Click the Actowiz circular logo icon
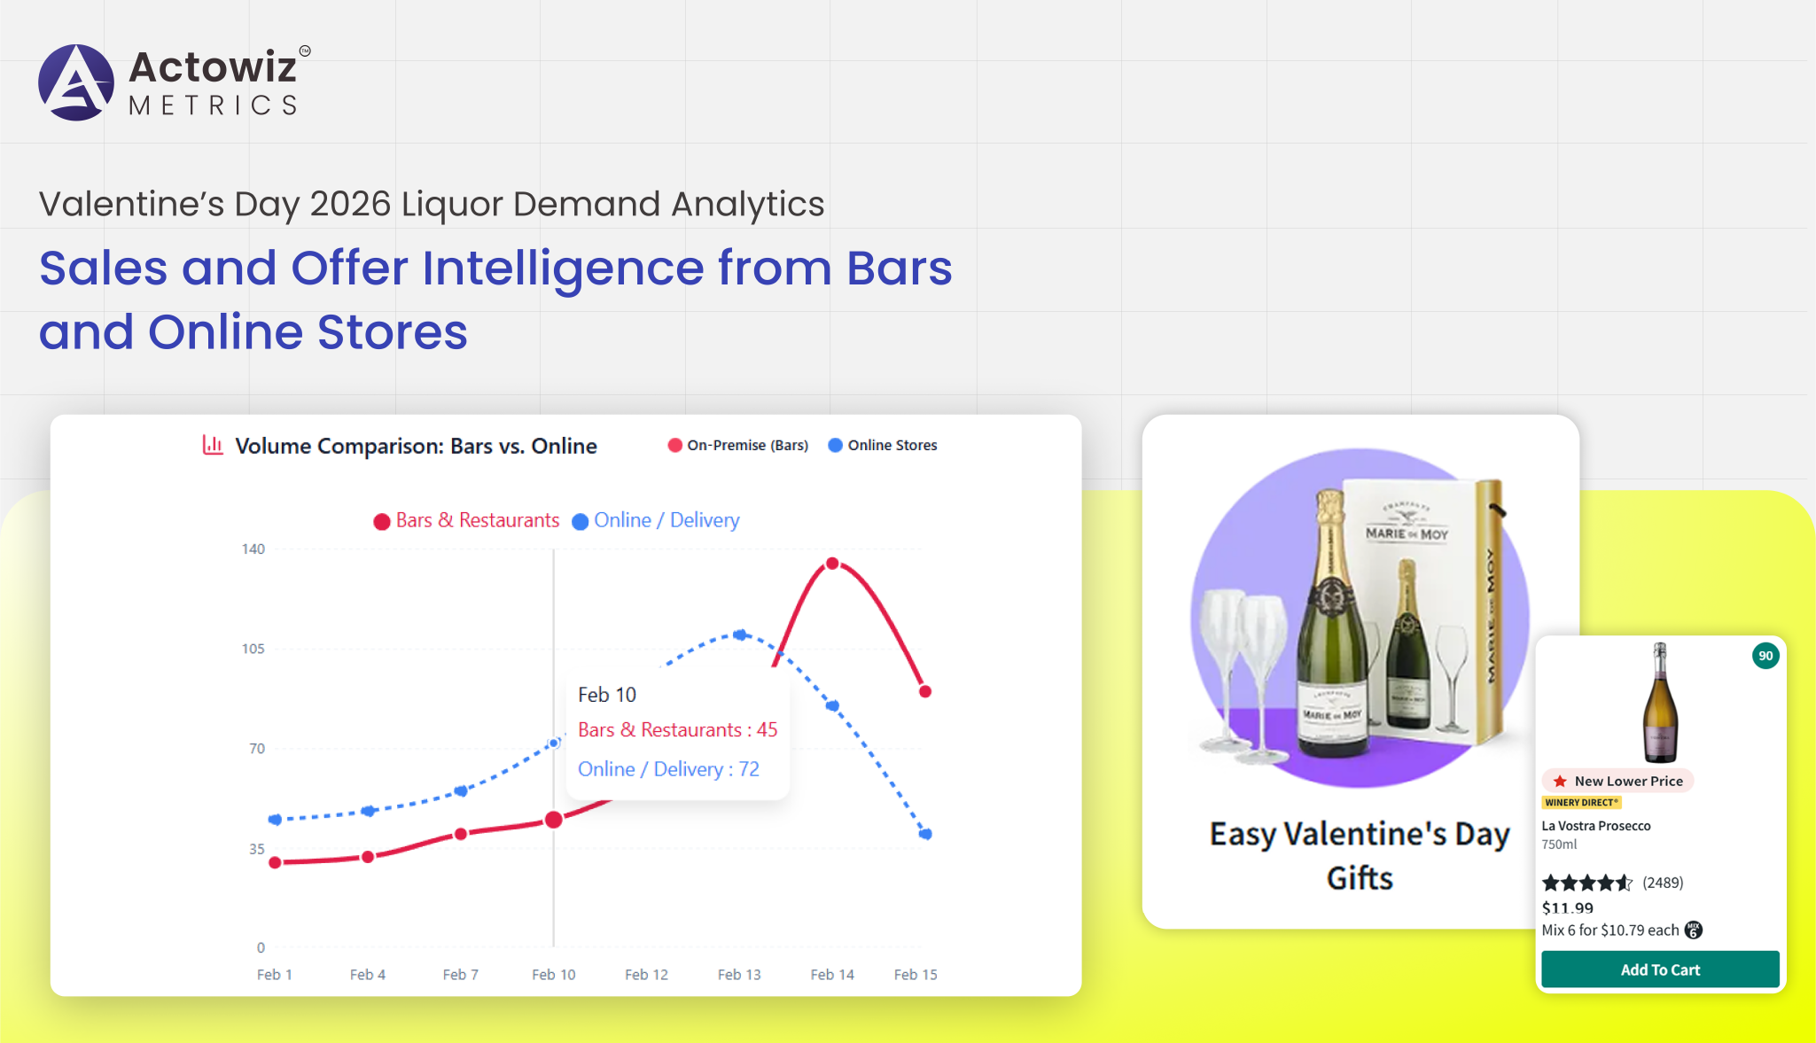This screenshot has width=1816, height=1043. point(76,82)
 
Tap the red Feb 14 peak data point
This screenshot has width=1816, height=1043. point(832,564)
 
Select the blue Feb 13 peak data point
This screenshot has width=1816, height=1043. point(741,634)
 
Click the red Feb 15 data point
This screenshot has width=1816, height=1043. point(925,691)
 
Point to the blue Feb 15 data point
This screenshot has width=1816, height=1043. point(925,834)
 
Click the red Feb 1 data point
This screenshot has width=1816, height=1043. point(275,862)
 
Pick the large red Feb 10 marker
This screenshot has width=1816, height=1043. point(554,820)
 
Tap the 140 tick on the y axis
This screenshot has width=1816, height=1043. point(253,549)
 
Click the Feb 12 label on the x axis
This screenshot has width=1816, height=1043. point(646,975)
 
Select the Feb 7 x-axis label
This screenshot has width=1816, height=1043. point(461,975)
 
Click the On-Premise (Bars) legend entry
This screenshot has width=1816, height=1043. point(738,445)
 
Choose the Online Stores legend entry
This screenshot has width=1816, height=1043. point(883,445)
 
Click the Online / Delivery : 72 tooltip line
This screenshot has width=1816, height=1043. point(668,769)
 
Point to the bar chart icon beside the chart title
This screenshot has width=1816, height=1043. point(213,445)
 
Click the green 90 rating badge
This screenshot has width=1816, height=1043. point(1765,656)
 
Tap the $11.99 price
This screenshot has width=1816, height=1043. point(1568,907)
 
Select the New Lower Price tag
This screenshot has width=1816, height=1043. point(1618,781)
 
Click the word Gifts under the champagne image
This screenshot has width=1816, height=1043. point(1360,878)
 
